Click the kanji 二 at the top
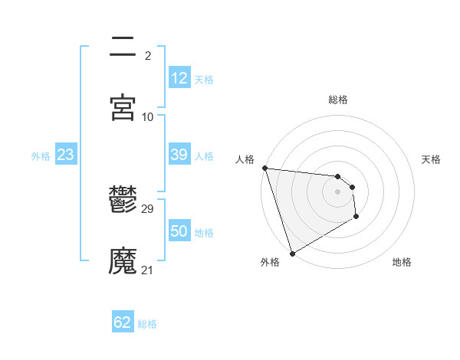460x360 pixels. point(123,47)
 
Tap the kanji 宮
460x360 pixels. point(123,108)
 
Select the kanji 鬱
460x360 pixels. point(123,200)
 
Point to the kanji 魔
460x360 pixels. point(123,261)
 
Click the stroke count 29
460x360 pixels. point(148,209)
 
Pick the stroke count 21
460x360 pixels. point(148,270)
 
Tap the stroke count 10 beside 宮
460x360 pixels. point(148,117)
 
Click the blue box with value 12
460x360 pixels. point(179,78)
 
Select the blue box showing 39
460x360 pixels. point(179,155)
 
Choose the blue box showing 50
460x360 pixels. point(179,231)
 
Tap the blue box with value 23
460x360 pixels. point(65,155)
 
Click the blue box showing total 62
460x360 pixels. point(123,322)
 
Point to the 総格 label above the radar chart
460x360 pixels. point(338,100)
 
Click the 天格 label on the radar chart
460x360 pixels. point(431,159)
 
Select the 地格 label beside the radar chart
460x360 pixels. point(402,262)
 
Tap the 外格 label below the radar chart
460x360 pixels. point(270,262)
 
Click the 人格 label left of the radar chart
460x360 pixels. point(245,159)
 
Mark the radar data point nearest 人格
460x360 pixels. point(264,168)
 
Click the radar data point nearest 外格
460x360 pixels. point(292,253)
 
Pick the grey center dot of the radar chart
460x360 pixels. point(338,191)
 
